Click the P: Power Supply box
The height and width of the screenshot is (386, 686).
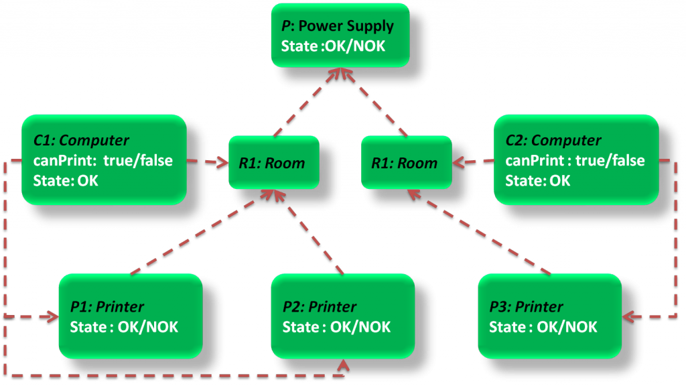tap(340, 36)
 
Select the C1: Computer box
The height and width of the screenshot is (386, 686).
tap(104, 159)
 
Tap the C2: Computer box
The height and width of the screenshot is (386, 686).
tap(575, 159)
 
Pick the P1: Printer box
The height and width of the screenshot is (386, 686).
tap(130, 316)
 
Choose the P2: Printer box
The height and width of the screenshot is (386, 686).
tap(342, 316)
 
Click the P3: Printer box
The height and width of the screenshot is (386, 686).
tap(549, 316)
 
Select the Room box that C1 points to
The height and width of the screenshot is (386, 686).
tap(272, 162)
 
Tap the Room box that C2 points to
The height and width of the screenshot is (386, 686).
tap(404, 162)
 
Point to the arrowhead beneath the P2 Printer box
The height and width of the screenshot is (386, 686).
tap(344, 365)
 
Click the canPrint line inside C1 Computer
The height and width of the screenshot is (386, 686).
tap(104, 160)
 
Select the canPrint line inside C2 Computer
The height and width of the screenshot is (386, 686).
tap(575, 160)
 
